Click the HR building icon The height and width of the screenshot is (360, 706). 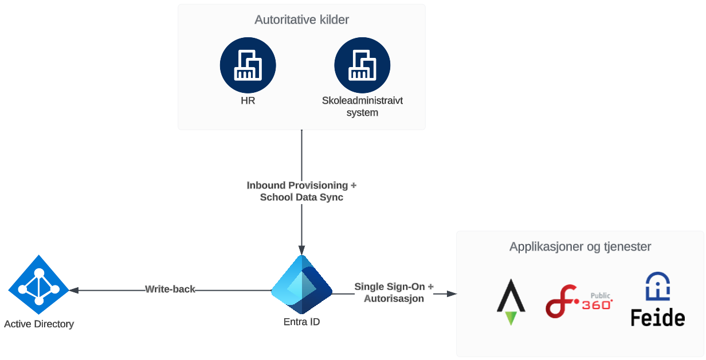(248, 65)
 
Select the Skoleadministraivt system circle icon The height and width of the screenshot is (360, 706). (362, 65)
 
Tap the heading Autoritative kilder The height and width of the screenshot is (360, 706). (301, 20)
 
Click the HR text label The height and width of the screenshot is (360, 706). (248, 101)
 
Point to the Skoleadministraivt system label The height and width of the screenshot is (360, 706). (362, 107)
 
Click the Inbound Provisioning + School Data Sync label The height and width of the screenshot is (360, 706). (301, 191)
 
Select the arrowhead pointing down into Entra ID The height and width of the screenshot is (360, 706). (301, 251)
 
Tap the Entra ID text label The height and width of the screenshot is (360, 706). (301, 322)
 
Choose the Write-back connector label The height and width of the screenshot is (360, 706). (170, 289)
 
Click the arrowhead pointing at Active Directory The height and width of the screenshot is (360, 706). (73, 290)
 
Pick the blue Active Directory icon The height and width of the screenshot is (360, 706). (38, 285)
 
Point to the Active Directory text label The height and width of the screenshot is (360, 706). (39, 324)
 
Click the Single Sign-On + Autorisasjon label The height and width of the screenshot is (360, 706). (394, 292)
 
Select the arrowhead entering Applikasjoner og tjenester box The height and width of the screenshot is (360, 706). (452, 294)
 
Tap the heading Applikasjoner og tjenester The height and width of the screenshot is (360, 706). (580, 247)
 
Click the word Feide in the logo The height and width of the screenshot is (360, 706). (657, 318)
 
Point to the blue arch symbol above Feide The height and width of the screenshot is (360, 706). (657, 286)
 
